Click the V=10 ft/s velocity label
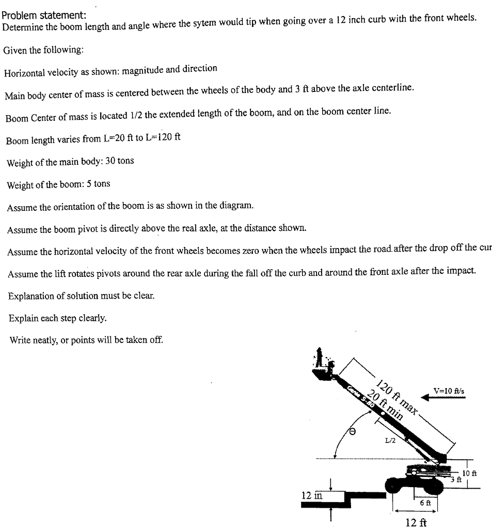(x=449, y=391)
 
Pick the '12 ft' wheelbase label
(x=417, y=522)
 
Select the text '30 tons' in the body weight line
(x=119, y=161)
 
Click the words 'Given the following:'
(x=43, y=50)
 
